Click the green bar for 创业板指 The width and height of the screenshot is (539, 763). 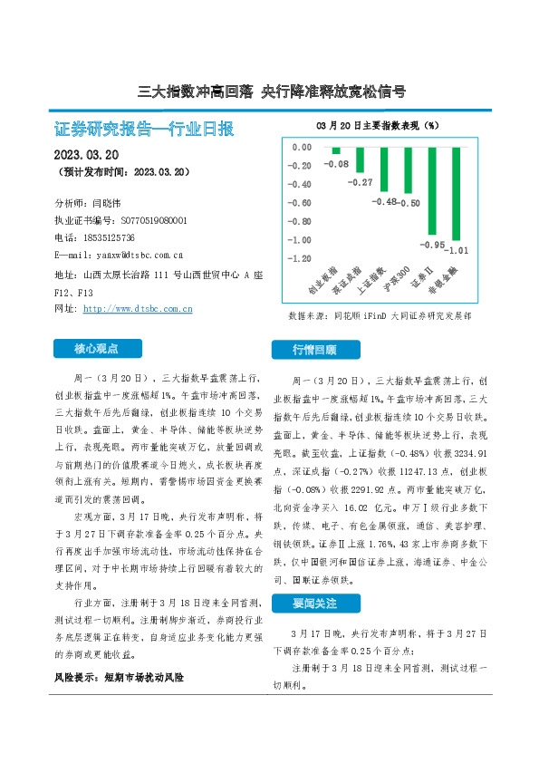tap(335, 150)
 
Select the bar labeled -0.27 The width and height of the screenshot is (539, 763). tap(360, 159)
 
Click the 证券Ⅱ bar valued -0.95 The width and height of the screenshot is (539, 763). tap(433, 191)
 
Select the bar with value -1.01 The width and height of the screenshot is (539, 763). tap(457, 194)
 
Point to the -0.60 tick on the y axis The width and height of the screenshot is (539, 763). tap(299, 203)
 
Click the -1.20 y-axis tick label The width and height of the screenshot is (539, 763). tap(299, 258)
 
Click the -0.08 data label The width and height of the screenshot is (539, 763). tap(336, 164)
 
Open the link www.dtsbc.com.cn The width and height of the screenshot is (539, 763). tap(138, 308)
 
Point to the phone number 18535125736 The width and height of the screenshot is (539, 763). tap(113, 237)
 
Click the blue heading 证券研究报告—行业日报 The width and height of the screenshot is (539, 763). tap(144, 130)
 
